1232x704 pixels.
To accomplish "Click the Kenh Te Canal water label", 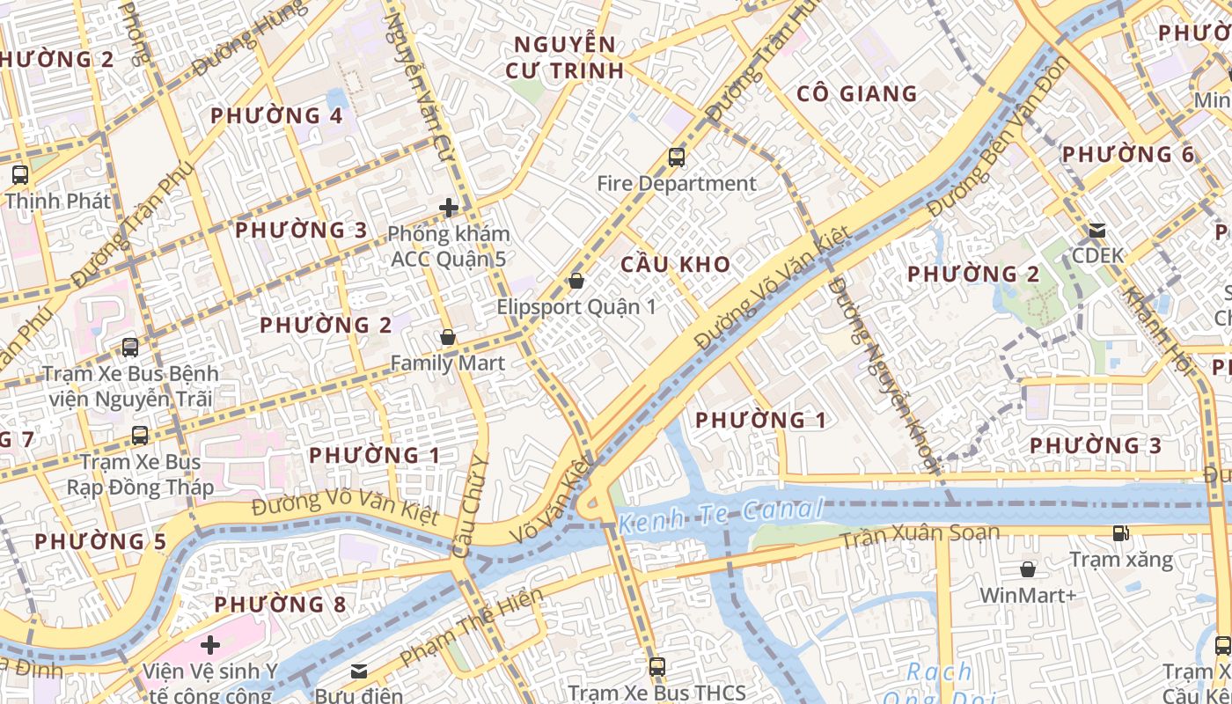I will coord(721,516).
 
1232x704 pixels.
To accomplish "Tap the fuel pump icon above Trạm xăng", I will coord(1120,532).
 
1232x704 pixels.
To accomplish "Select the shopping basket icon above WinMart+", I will coord(1027,569).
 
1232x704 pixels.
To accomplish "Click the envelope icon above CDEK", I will coord(1096,231).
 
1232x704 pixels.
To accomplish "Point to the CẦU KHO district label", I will coord(675,264).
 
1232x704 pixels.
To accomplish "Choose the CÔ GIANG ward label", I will coord(856,93).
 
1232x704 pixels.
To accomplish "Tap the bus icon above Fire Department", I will coord(676,158).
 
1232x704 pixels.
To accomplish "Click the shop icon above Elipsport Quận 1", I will coord(576,281).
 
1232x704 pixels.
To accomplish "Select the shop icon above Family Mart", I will coord(447,337).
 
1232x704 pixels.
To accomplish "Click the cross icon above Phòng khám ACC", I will coord(449,208).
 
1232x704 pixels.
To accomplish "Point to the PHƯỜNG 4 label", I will coord(276,116).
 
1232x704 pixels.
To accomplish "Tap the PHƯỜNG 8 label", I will coord(280,605).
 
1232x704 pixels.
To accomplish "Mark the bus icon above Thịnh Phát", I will coord(19,174).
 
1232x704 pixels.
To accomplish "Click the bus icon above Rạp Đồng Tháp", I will coord(139,435).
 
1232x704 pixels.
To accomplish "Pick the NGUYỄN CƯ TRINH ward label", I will coord(565,57).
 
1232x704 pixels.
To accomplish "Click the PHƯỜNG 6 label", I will coord(1128,155).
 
